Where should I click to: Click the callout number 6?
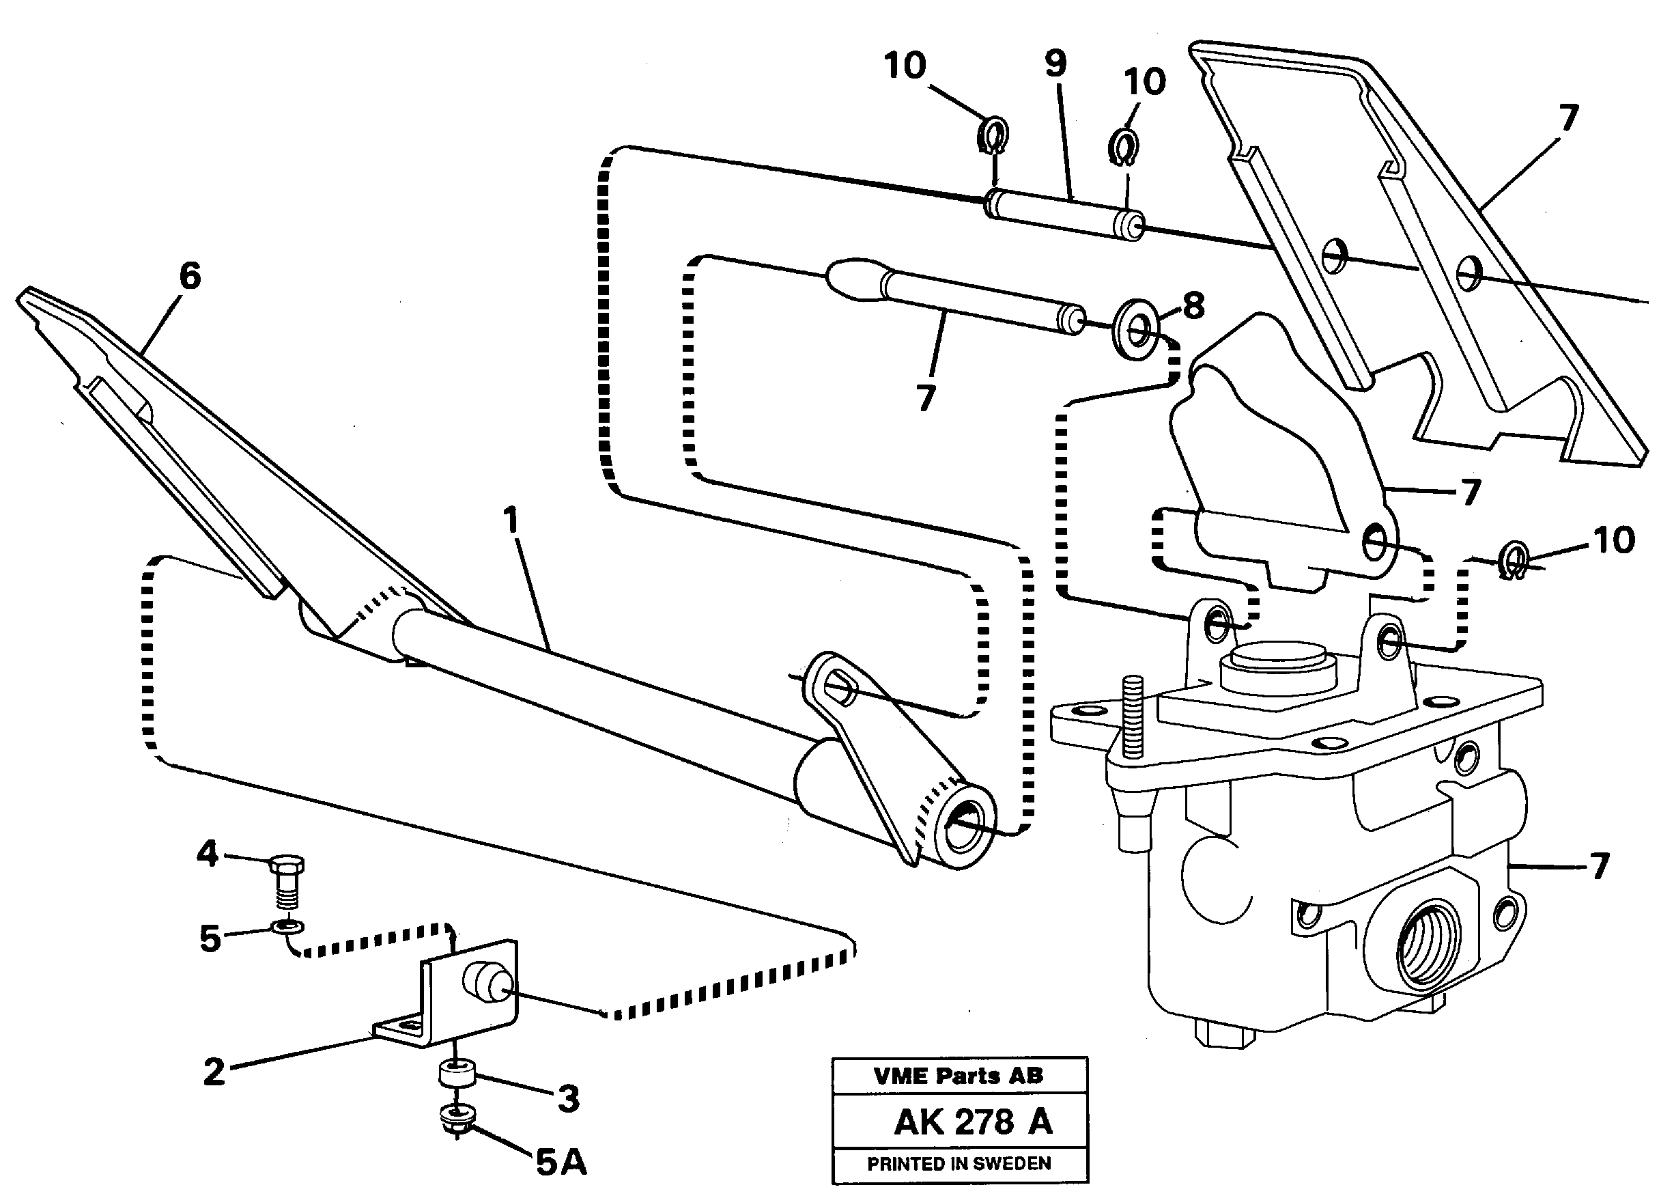[x=190, y=277]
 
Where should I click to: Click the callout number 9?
[x=1055, y=64]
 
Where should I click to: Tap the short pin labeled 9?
[x=1064, y=214]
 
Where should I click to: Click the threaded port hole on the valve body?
[x=1427, y=943]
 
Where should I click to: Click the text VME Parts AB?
[x=958, y=1076]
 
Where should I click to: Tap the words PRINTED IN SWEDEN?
[x=959, y=1164]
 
